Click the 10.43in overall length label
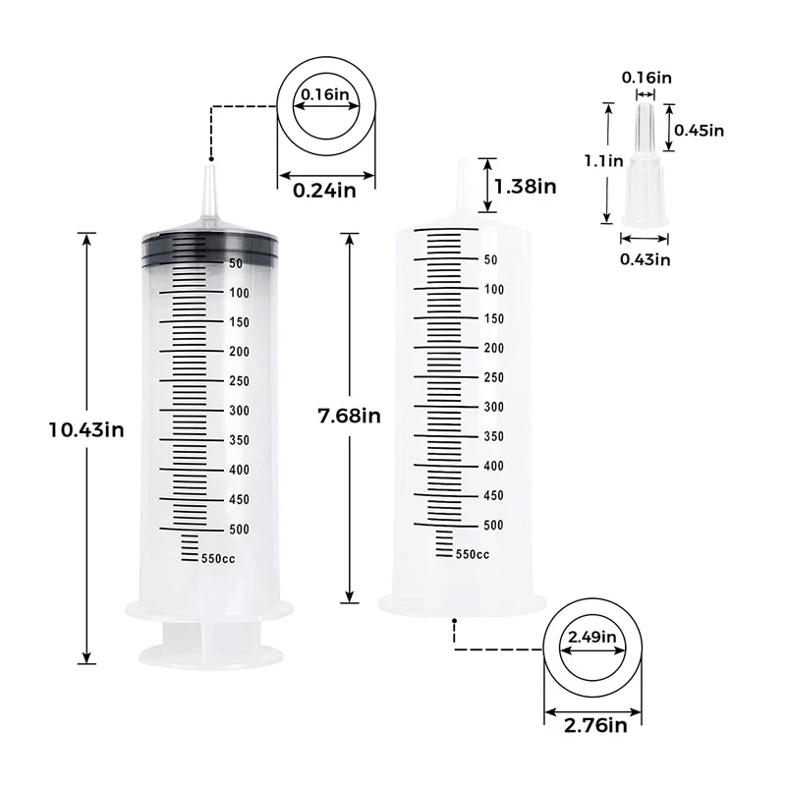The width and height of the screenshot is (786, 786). point(86,430)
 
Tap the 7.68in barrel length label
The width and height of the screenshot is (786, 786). point(350,416)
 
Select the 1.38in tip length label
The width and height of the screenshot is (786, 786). point(526,187)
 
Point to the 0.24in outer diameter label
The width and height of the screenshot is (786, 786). point(324,191)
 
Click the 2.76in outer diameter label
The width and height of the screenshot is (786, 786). point(595,725)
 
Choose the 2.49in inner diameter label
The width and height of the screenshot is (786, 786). point(592,637)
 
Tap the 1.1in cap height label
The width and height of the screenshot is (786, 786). point(603,161)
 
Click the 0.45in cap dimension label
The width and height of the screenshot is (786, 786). point(699,131)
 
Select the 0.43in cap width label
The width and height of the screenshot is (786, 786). point(646,259)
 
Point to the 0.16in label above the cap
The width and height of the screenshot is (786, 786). point(646,78)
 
